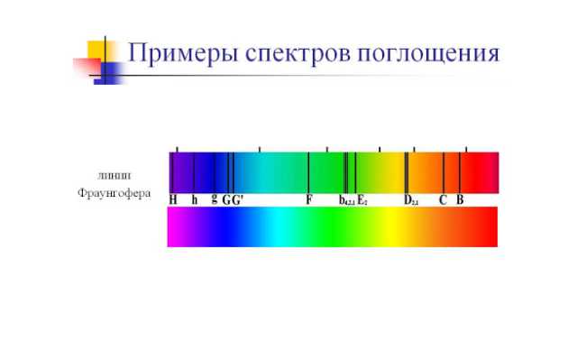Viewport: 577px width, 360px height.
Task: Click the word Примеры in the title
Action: click(175, 53)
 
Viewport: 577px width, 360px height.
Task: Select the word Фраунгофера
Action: click(114, 193)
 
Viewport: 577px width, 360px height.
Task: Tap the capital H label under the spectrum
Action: click(173, 199)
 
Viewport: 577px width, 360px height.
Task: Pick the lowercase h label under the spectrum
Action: click(194, 199)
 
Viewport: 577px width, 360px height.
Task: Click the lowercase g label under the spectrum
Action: click(214, 199)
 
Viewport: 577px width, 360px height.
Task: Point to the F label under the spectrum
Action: click(309, 199)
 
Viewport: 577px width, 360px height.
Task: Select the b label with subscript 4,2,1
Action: click(346, 200)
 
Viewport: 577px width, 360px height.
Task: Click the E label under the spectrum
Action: click(362, 199)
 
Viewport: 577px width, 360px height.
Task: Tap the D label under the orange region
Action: click(410, 200)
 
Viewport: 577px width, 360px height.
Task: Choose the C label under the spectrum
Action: click(443, 199)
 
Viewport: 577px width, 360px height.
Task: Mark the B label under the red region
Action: click(460, 199)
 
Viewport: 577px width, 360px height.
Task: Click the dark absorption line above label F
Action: click(308, 171)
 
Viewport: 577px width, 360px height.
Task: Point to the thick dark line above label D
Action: click(407, 171)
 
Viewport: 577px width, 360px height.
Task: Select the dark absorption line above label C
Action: click(443, 171)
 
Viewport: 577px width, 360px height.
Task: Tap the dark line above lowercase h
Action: click(194, 171)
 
